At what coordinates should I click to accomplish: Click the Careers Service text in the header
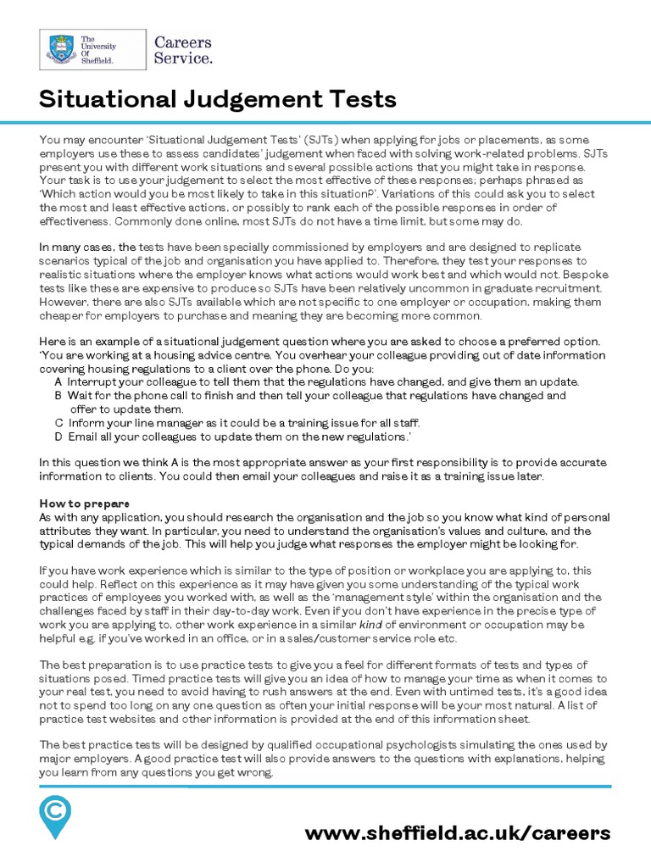click(x=182, y=50)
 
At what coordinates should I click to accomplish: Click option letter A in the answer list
click(x=58, y=381)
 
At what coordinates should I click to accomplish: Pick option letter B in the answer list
click(x=58, y=395)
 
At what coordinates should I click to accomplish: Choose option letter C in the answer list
click(x=58, y=422)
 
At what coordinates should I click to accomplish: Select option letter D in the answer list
click(x=58, y=436)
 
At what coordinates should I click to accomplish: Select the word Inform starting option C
click(x=86, y=422)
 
